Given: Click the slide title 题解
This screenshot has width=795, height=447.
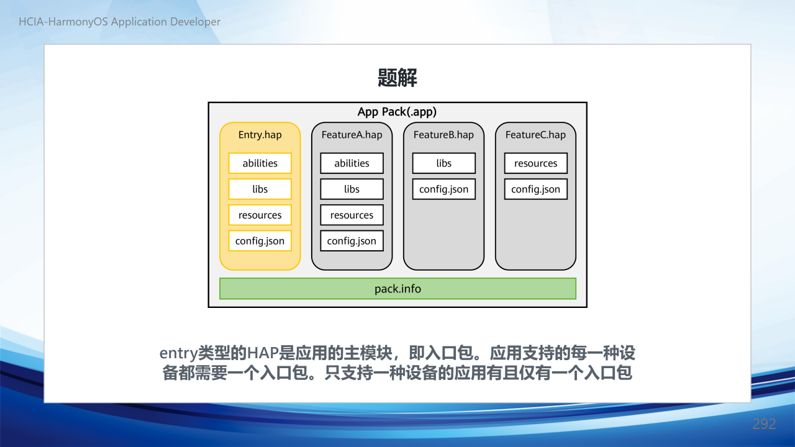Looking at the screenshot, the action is (397, 78).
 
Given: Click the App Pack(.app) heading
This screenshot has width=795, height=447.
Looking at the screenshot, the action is (397, 112).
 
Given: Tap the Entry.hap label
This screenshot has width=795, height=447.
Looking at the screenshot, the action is (260, 135).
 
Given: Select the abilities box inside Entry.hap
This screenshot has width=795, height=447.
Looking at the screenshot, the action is (260, 163).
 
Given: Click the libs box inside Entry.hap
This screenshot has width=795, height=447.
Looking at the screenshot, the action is (260, 189).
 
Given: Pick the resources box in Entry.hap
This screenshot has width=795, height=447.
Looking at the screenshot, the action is (260, 215).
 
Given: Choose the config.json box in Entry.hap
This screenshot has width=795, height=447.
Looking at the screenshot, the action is (260, 241).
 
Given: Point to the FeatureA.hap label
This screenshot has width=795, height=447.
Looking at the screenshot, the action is (352, 135).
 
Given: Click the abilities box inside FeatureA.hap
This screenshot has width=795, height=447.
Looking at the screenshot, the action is (352, 163).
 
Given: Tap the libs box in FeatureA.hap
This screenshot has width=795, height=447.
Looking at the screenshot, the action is (352, 189).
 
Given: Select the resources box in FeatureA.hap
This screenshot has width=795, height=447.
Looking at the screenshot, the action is (352, 215).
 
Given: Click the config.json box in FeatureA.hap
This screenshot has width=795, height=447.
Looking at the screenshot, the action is (352, 241).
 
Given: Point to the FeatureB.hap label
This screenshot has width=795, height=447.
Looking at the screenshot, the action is (443, 135).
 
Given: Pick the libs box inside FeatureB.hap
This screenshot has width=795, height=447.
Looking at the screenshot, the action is (443, 163).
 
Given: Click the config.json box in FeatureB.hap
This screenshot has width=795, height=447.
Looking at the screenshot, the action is (443, 189).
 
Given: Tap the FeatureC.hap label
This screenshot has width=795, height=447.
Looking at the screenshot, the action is (535, 135).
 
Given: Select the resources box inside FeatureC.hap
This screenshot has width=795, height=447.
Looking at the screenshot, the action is (535, 163).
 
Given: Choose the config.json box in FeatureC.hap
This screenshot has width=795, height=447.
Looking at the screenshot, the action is (535, 189).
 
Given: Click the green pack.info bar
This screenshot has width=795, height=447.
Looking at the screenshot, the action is (397, 289).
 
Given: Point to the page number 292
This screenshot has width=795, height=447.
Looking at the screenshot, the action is (764, 424).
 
